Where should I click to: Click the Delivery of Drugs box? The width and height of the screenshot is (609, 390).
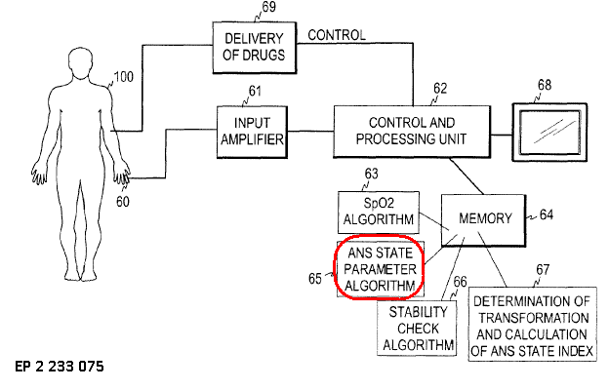coord(253,46)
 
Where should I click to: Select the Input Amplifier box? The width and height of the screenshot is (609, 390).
coord(252,131)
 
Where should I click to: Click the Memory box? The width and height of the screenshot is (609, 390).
coord(483,218)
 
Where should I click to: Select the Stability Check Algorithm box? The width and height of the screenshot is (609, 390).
coord(418,329)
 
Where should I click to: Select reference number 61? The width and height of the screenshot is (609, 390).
coord(256,92)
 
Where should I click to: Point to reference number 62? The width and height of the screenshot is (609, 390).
coord(440,89)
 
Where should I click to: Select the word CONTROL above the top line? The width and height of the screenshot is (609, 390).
coord(337,36)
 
